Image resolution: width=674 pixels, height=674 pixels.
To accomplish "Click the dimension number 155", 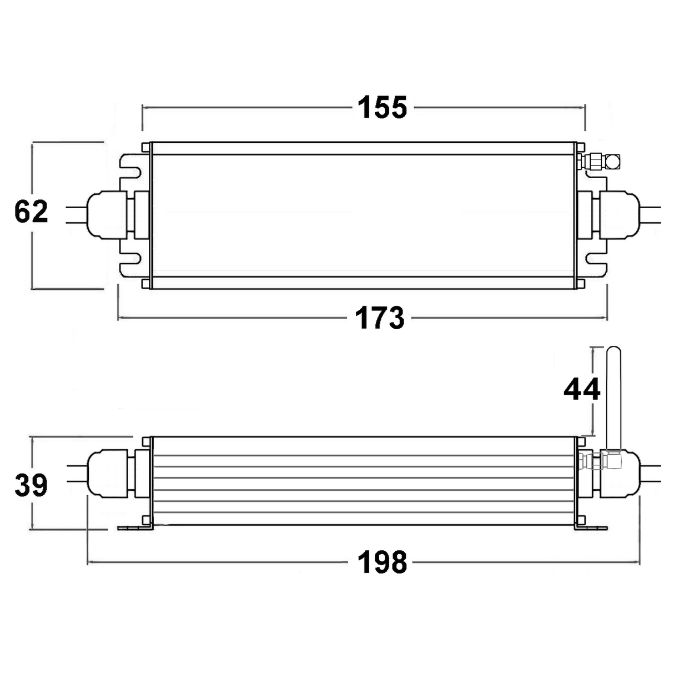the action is (x=383, y=107).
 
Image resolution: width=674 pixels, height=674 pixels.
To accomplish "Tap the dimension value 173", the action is (x=380, y=318).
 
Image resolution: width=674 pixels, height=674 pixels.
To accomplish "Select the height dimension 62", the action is (x=31, y=212).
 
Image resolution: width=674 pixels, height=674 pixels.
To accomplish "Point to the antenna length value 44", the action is (x=582, y=389).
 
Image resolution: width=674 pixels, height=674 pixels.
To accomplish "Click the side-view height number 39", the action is (x=31, y=485).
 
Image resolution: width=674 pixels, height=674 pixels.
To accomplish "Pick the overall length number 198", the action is (x=383, y=562).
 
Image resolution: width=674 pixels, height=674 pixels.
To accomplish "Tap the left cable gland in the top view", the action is (x=107, y=214).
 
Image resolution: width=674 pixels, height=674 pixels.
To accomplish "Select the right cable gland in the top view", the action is (x=620, y=214).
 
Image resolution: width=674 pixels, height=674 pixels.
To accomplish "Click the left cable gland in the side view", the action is (x=107, y=474).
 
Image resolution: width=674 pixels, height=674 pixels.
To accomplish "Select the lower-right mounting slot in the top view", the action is (x=596, y=259).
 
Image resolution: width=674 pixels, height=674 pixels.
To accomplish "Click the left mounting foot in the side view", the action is (x=135, y=528).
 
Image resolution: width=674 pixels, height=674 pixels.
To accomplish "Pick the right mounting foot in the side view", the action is (x=591, y=528).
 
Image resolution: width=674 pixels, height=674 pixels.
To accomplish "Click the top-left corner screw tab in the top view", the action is (x=146, y=147).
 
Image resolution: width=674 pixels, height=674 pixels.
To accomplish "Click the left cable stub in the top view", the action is (x=76, y=215).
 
